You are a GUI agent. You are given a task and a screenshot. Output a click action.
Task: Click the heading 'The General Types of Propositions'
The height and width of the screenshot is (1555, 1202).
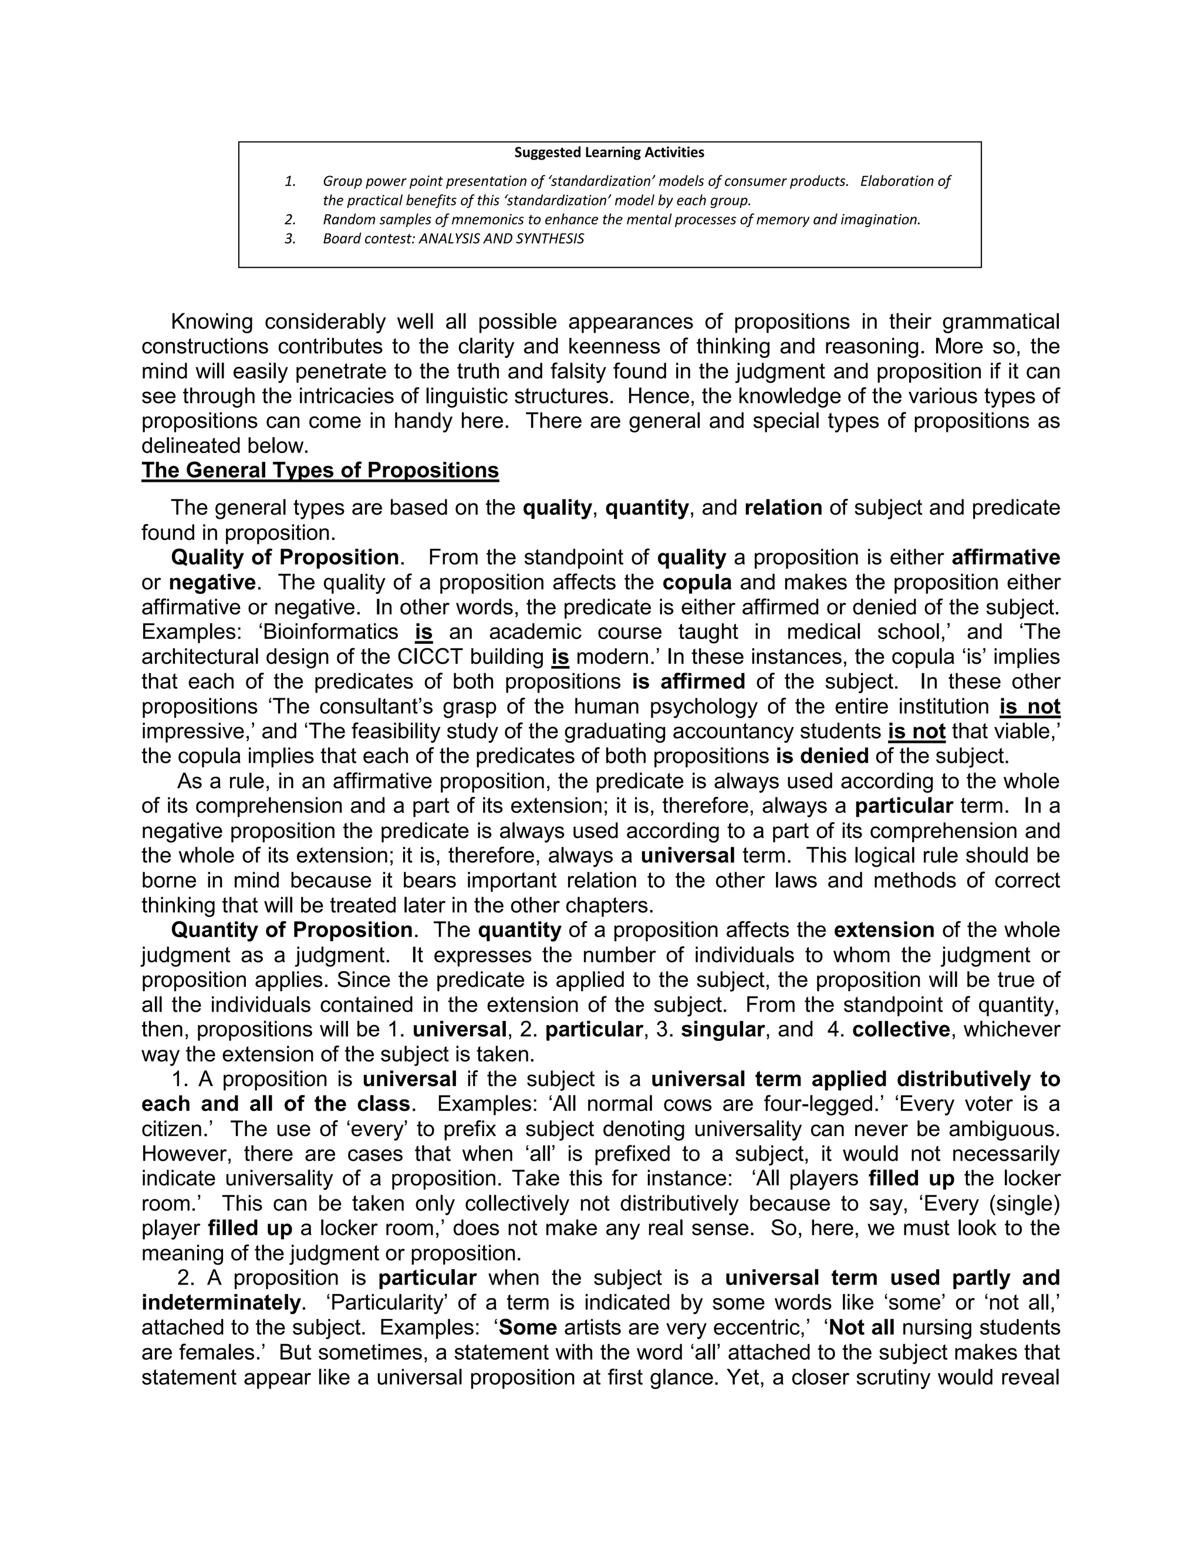[x=320, y=471]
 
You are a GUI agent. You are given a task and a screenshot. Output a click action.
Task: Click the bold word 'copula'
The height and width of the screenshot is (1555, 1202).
[x=697, y=583]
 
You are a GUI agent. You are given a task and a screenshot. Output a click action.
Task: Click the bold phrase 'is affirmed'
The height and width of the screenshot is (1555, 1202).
[x=688, y=682]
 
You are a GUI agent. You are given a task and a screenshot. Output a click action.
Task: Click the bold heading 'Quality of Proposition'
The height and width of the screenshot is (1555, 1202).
[x=285, y=557]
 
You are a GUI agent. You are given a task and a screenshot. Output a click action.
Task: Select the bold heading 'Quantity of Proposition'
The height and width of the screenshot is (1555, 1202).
[x=291, y=930]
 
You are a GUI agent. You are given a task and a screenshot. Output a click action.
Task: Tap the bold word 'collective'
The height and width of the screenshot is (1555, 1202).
[x=901, y=1030]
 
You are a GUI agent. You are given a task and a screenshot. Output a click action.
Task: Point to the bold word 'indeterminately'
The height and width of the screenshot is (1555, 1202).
[x=221, y=1303]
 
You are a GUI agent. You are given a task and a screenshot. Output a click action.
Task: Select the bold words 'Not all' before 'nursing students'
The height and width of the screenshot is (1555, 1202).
[x=862, y=1328]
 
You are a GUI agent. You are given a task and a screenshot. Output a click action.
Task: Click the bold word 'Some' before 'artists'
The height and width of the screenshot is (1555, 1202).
[x=528, y=1328]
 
